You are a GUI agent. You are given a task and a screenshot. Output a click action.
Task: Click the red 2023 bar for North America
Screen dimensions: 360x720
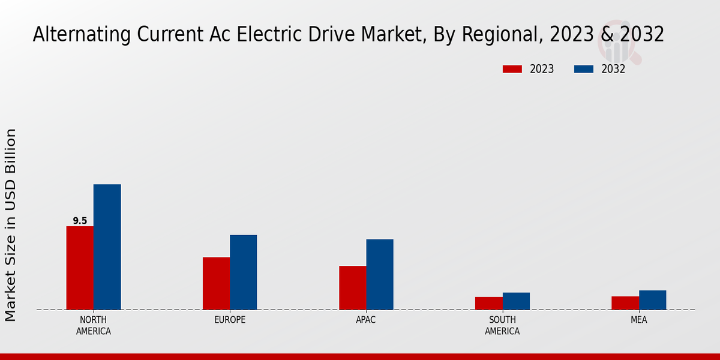pyautogui.click(x=80, y=268)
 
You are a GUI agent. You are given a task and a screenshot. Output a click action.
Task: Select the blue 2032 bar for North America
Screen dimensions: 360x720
pyautogui.click(x=107, y=247)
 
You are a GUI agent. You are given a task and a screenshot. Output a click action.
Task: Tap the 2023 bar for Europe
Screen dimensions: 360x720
pyautogui.click(x=216, y=283)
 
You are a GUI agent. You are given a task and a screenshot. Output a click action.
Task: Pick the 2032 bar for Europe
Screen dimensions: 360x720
pyautogui.click(x=243, y=272)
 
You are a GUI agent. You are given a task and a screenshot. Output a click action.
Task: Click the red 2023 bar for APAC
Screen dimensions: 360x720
pyautogui.click(x=352, y=287)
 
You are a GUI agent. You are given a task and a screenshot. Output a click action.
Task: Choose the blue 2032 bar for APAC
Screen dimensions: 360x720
pyautogui.click(x=380, y=274)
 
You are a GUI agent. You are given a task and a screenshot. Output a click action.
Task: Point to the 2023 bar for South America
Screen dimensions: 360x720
pyautogui.click(x=488, y=303)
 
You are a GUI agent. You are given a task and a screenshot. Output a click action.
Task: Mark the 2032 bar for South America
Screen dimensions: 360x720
pyautogui.click(x=516, y=301)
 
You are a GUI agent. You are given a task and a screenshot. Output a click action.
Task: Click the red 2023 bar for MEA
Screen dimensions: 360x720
pyautogui.click(x=625, y=302)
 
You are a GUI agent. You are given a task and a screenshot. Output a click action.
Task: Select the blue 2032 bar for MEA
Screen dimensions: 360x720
pyautogui.click(x=652, y=299)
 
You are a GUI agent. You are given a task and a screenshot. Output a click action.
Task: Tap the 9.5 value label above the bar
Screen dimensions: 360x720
pyautogui.click(x=80, y=221)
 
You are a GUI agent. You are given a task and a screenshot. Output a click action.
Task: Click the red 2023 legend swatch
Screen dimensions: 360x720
pyautogui.click(x=512, y=69)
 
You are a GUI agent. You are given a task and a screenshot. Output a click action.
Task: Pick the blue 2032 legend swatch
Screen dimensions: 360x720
pyautogui.click(x=583, y=69)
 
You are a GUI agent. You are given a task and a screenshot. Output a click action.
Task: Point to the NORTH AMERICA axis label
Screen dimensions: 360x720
pyautogui.click(x=94, y=325)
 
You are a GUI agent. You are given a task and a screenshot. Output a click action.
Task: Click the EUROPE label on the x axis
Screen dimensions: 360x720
pyautogui.click(x=230, y=320)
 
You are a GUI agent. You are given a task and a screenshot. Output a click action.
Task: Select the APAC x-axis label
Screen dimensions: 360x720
pyautogui.click(x=366, y=320)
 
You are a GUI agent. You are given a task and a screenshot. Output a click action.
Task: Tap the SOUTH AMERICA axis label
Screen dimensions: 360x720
pyautogui.click(x=502, y=325)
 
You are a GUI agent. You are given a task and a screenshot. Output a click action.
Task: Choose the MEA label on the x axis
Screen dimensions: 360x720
pyautogui.click(x=638, y=320)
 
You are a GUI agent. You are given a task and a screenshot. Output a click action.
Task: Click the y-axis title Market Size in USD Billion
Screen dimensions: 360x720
pyautogui.click(x=11, y=225)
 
